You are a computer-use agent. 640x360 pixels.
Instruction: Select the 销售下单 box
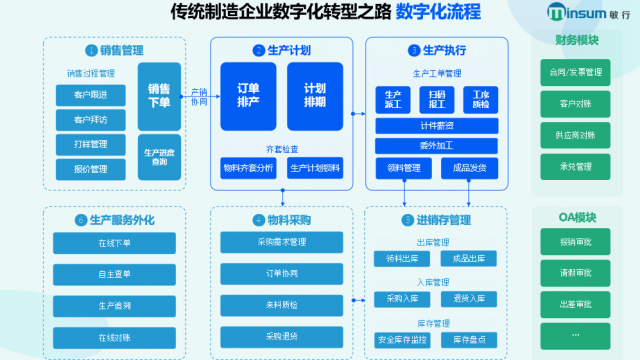[159, 95]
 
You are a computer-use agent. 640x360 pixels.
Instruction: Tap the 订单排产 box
[248, 94]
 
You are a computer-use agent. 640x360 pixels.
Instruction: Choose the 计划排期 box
[315, 94]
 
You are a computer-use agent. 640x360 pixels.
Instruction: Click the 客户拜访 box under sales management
[91, 120]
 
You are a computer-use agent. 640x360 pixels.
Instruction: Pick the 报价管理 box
[91, 168]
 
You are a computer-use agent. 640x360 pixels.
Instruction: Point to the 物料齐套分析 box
[248, 168]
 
